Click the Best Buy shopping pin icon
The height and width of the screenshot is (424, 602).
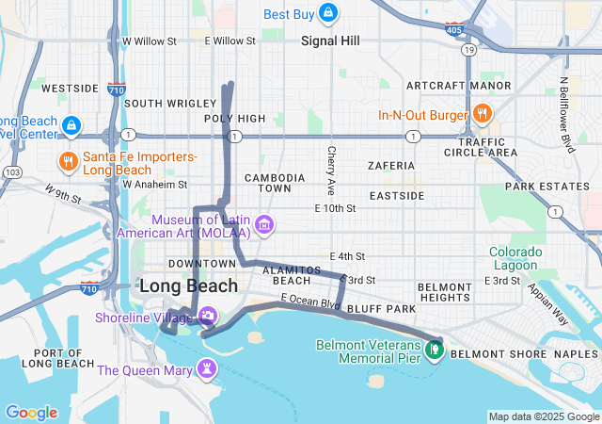(x=327, y=13)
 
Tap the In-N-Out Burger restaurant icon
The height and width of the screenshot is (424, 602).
(x=482, y=115)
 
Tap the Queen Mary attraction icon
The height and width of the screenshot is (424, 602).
(x=206, y=369)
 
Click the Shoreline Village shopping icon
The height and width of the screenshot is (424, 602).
(x=207, y=317)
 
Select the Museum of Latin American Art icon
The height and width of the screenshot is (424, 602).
(x=265, y=225)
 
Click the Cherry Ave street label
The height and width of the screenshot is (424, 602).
(x=331, y=165)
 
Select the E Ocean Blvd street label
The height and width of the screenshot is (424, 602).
(x=309, y=304)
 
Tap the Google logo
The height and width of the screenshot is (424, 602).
(x=31, y=412)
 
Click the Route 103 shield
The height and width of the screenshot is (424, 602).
(x=13, y=172)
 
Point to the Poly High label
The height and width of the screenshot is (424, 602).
(x=235, y=118)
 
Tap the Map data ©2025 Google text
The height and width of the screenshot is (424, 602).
(x=543, y=416)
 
